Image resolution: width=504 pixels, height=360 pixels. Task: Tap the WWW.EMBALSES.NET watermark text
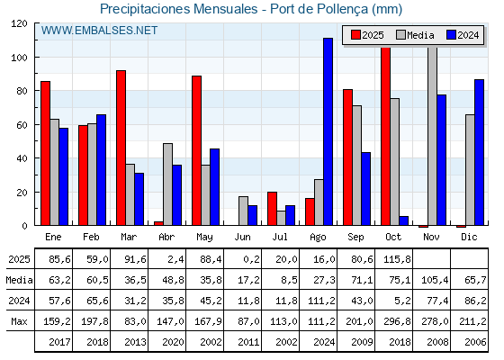coord(99,31)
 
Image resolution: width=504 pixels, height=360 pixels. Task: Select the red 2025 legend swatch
coord(355,35)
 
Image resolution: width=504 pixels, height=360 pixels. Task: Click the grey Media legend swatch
coord(400,35)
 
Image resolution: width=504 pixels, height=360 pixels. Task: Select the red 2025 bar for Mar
coord(121,148)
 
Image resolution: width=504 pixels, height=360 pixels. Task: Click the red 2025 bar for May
coord(196,150)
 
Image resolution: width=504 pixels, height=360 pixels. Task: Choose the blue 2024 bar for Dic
coord(479,152)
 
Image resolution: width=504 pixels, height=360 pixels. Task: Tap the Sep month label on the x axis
coord(356,235)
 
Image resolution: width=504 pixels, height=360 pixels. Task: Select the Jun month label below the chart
coord(243,235)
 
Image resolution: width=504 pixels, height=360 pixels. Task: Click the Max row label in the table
coord(18,321)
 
